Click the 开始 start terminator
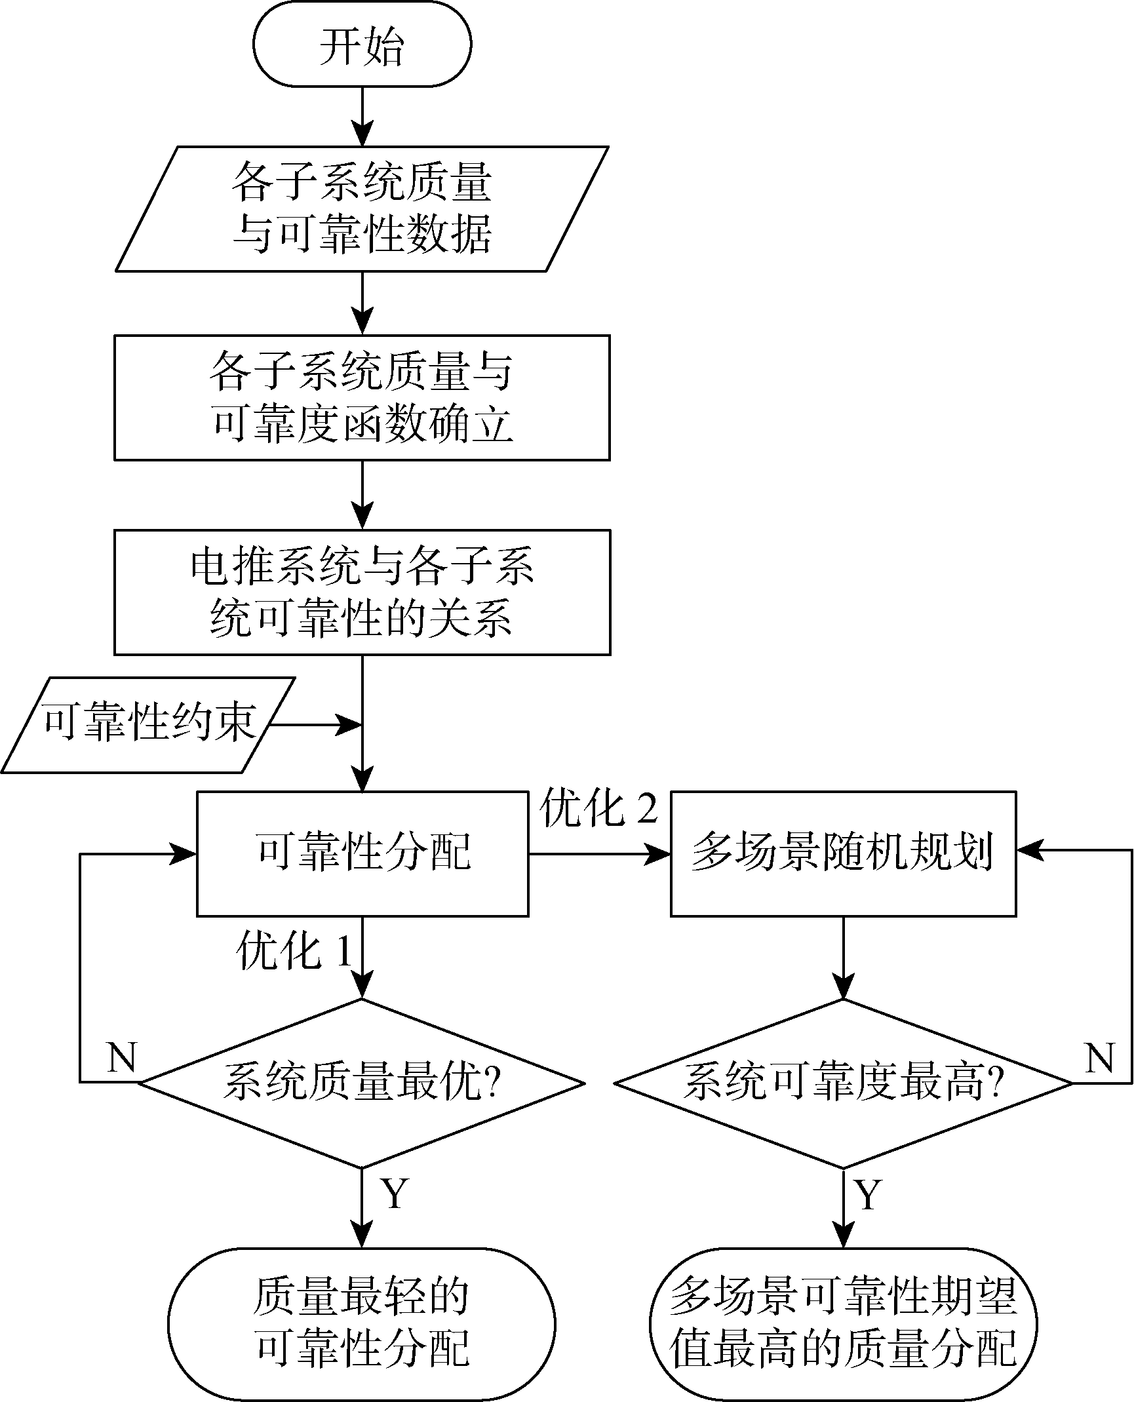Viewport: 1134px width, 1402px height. (362, 45)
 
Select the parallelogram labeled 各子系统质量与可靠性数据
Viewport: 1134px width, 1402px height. (362, 208)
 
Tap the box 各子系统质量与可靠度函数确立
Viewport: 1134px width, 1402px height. (362, 397)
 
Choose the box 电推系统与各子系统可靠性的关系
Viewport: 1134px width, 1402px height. (362, 592)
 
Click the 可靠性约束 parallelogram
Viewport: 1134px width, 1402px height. (148, 725)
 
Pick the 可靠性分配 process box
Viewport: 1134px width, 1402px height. (362, 853)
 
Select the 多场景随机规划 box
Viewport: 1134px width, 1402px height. (843, 853)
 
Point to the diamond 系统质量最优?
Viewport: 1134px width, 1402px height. (362, 1083)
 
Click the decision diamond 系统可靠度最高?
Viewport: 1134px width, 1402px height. (843, 1083)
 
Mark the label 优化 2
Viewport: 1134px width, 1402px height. (598, 810)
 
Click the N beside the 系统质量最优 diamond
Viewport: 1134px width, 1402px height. (121, 1057)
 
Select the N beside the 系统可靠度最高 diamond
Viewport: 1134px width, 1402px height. (1099, 1057)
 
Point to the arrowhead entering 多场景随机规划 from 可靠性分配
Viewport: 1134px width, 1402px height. (658, 853)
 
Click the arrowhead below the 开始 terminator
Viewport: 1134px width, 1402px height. (362, 134)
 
